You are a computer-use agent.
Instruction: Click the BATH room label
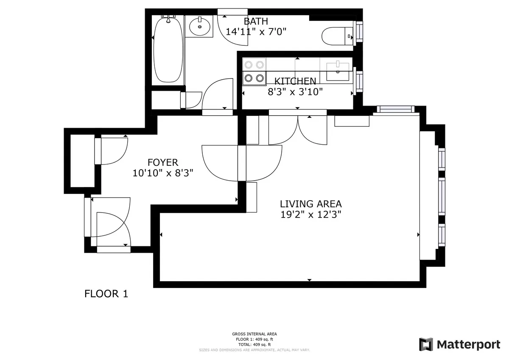coord(256,21)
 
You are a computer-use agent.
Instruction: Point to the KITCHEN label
coord(295,81)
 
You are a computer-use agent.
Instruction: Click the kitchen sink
coord(338,71)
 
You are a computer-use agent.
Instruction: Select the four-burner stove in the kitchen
coord(254,71)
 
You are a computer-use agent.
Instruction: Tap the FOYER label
coord(162,162)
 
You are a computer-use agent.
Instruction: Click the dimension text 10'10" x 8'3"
coord(162,173)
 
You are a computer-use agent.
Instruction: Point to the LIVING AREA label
coord(310,204)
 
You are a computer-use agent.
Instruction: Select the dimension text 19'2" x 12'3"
coord(310,215)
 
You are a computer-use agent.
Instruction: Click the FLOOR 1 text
coord(106,293)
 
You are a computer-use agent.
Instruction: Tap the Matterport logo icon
coord(426,344)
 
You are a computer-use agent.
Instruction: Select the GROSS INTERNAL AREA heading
coord(255,334)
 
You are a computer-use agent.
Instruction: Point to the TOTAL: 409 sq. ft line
coord(255,345)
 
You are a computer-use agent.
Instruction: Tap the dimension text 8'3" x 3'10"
coord(295,91)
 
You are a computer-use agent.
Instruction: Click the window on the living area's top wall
coord(395,109)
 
